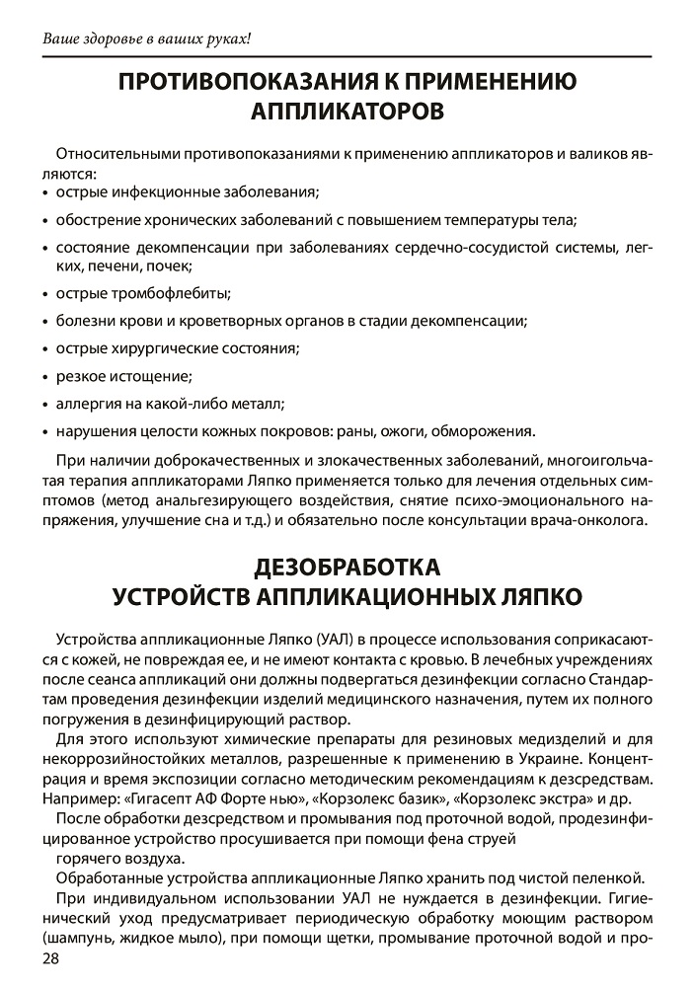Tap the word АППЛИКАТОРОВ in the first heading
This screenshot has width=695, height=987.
[347, 111]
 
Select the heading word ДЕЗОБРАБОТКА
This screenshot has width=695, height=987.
[347, 569]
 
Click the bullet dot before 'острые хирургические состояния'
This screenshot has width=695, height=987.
[46, 349]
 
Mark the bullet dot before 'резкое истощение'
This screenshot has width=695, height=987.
[46, 377]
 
